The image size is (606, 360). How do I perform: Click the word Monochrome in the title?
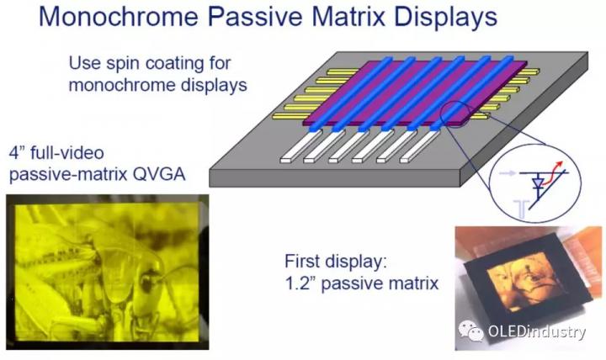pos(119,17)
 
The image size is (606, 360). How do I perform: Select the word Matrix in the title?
pos(348,17)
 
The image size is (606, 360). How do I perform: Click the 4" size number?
pos(18,153)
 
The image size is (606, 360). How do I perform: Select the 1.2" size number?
pos(300,283)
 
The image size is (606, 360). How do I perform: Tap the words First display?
pos(336,262)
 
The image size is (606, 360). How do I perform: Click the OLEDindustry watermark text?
pos(537,331)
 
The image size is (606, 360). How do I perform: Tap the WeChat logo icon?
pos(470,331)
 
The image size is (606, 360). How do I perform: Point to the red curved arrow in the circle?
pos(553,172)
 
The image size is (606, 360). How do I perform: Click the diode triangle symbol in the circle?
pos(538,183)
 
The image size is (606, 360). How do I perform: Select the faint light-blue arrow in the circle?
pos(507,173)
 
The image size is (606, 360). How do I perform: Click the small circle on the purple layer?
pos(455,114)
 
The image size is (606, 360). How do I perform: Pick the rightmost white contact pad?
pos(420,146)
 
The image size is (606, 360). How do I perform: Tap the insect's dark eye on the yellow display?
pos(146,283)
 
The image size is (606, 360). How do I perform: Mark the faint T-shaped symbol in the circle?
pos(521,209)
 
